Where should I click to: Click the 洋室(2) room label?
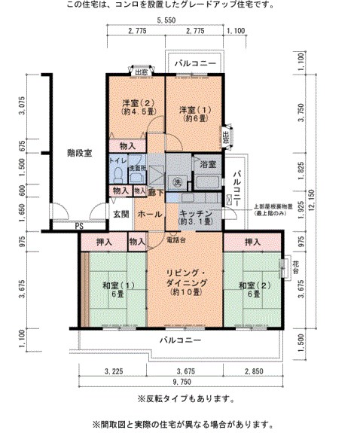coord(138,107)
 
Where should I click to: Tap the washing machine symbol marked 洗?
coord(177,181)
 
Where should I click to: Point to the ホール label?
coord(150,214)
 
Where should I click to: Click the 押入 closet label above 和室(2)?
coord(252,242)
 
